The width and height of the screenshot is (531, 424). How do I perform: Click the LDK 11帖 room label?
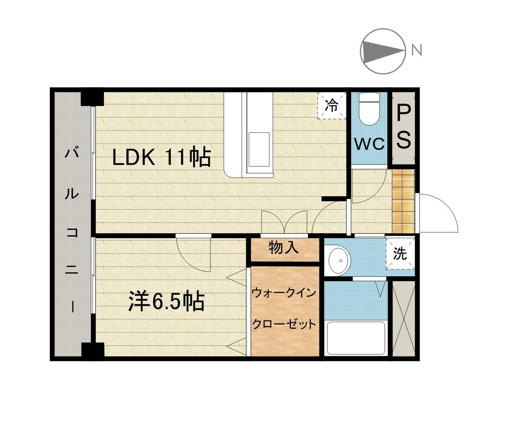click(x=162, y=157)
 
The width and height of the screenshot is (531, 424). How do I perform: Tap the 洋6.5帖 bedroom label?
click(x=166, y=301)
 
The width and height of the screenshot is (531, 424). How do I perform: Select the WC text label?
click(x=369, y=144)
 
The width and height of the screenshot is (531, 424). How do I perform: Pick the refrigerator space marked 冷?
click(x=331, y=105)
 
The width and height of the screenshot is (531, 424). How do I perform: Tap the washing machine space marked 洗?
click(x=400, y=253)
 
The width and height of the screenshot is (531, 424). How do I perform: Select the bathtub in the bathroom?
click(x=356, y=338)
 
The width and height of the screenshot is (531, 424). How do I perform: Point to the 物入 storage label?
click(x=284, y=247)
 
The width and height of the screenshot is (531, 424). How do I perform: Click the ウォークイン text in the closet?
click(x=284, y=293)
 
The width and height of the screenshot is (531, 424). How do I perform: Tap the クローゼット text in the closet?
click(x=284, y=324)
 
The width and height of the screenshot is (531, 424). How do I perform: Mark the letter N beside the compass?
click(x=417, y=50)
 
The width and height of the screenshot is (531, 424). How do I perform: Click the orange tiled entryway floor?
click(x=403, y=201)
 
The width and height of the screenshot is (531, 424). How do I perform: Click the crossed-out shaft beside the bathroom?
click(x=403, y=318)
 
